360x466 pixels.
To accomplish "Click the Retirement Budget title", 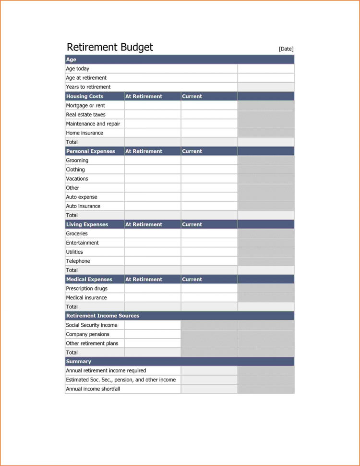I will (110, 47).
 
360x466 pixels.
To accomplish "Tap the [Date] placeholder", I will (286, 49).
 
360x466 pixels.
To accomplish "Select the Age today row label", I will (78, 69).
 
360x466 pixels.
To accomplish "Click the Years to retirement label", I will (88, 87).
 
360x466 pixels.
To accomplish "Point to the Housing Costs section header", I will (84, 96).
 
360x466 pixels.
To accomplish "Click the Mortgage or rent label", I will (85, 105).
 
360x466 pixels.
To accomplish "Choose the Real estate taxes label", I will (85, 114).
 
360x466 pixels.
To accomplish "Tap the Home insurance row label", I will (84, 133).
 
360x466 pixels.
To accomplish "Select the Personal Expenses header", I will (91, 151).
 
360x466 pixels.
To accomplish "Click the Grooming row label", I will (77, 160).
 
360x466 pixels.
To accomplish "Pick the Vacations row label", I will (77, 178).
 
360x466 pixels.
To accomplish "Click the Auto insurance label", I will (83, 206).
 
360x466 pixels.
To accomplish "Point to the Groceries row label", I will (77, 233).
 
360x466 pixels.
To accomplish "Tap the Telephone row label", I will (78, 261).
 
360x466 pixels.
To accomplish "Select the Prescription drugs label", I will (87, 288).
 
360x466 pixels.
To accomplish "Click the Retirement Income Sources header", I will (103, 316).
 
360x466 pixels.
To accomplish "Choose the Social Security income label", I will (92, 325).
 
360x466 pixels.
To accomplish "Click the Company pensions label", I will (88, 334).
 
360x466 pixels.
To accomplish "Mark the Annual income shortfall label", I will (93, 389).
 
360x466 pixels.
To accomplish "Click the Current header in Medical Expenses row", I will (192, 279).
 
